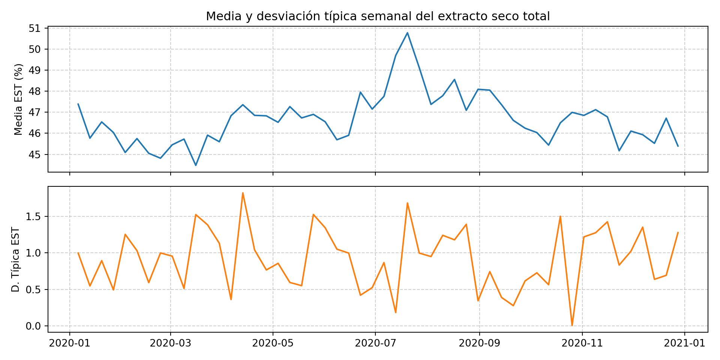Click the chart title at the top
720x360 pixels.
378,16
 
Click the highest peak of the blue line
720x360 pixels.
407,33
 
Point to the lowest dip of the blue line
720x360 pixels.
196,165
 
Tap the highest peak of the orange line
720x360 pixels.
243,193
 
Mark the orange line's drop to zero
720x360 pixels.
572,325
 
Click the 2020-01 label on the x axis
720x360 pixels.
69,343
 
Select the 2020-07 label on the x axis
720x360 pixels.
375,343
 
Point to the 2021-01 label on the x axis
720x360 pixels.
685,343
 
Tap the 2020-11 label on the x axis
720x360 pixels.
582,343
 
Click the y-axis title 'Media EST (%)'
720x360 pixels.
18,99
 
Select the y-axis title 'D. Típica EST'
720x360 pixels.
15,259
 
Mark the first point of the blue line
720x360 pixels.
78,104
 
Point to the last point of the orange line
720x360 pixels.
678,232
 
